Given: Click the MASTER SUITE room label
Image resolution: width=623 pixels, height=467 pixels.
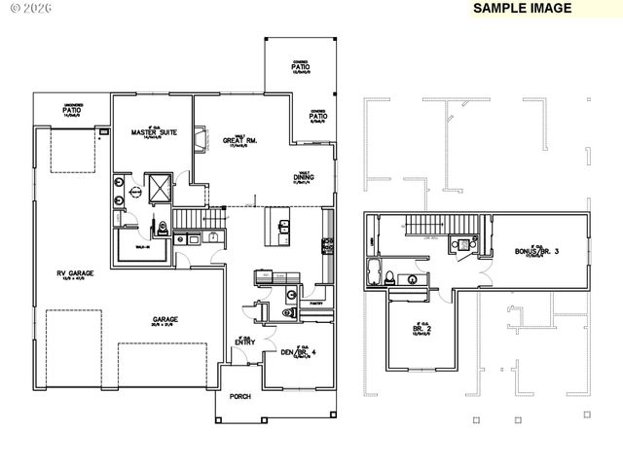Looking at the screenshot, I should pos(154,133).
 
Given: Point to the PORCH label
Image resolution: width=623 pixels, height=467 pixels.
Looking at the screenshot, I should pos(239,397).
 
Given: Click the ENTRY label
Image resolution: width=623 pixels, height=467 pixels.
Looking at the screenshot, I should pos(243,341).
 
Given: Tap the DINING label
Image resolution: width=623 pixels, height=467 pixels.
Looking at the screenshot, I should pos(304,178).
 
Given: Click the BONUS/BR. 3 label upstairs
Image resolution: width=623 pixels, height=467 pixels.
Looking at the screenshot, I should pos(534,252).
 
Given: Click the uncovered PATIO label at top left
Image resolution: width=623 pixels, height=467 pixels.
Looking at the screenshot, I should pos(71,111).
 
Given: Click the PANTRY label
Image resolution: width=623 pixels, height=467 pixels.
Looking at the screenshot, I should pos(315,303).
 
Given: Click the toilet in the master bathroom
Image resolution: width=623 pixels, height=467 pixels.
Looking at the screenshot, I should pos(163,231).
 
